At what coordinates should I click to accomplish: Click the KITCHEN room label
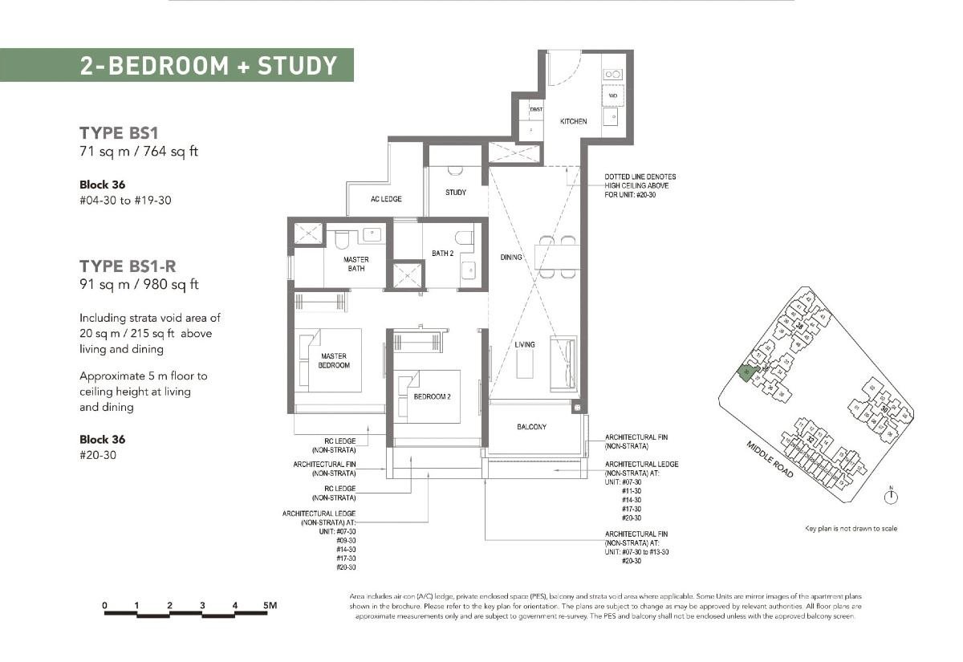(573, 121)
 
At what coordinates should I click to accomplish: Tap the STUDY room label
(456, 193)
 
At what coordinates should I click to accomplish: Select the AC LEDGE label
(386, 199)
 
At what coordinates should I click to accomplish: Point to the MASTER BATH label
(356, 264)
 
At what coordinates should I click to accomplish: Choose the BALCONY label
(531, 427)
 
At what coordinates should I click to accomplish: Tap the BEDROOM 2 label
(433, 397)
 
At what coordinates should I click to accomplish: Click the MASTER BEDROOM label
(335, 360)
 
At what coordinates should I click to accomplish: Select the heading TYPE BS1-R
(128, 266)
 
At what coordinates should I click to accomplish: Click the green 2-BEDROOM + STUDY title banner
(177, 65)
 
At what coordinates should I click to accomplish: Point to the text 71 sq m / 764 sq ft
(138, 151)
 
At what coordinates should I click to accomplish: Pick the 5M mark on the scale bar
(269, 605)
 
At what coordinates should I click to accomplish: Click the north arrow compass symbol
(890, 498)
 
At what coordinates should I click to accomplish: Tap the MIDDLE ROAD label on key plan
(770, 460)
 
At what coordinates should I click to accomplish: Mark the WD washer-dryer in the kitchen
(612, 95)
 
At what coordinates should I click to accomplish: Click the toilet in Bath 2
(464, 238)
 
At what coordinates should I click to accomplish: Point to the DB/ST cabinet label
(535, 109)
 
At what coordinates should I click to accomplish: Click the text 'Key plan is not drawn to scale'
(851, 529)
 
